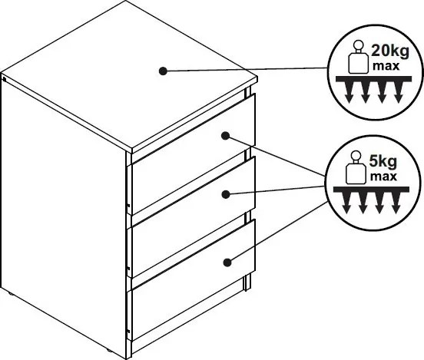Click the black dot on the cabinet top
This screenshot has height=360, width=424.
coord(163,71)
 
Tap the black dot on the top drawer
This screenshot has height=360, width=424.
coord(226,136)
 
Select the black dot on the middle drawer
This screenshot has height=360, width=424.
coord(226,194)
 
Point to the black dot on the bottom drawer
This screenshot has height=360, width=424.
coord(227,263)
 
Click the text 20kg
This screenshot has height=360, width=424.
coord(390,51)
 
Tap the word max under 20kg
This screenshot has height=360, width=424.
coord(386,66)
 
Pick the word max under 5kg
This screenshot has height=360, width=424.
coord(383,177)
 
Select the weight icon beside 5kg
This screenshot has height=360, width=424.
coord(356,167)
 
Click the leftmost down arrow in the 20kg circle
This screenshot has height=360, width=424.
coord(349,93)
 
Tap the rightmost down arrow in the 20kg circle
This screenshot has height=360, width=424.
coord(399,93)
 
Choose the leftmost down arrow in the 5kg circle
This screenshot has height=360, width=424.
coord(346,203)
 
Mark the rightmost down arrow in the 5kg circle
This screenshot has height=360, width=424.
coord(396,203)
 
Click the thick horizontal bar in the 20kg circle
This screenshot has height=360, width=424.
coord(374,79)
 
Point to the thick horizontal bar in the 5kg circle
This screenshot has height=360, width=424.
coord(371,190)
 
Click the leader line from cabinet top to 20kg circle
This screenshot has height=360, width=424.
coord(247,69)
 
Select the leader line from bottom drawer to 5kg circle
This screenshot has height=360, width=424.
coord(279,231)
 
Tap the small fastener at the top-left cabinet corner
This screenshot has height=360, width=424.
coord(5,79)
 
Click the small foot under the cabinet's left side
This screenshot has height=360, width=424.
coord(10,294)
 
